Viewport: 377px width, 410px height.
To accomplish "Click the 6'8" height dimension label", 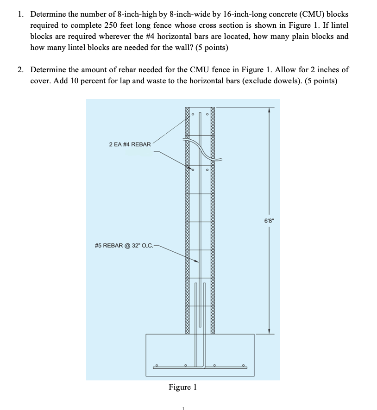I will click(269, 220).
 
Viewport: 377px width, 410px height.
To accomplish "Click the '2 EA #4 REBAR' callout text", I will click(130, 144).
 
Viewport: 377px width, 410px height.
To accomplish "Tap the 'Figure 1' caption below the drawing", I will click(182, 387).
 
